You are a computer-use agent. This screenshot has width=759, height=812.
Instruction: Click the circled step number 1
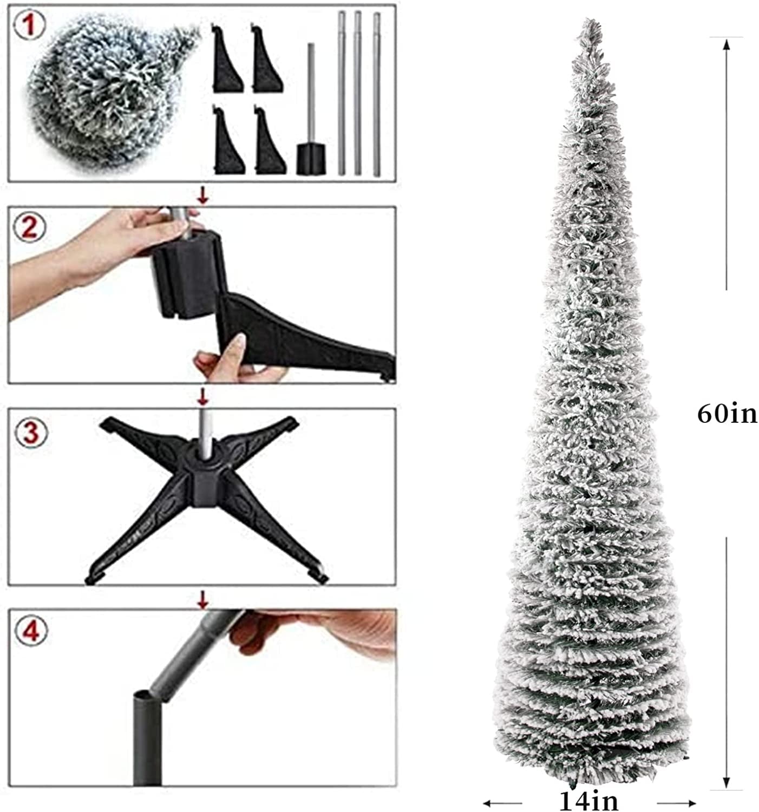(x=29, y=24)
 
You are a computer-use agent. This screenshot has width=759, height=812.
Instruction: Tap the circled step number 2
(x=29, y=228)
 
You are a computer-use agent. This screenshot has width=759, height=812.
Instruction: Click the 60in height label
(x=727, y=415)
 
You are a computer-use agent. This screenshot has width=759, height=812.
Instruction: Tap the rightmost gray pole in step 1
(x=377, y=94)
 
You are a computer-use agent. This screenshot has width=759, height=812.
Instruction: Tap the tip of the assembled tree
(x=590, y=19)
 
